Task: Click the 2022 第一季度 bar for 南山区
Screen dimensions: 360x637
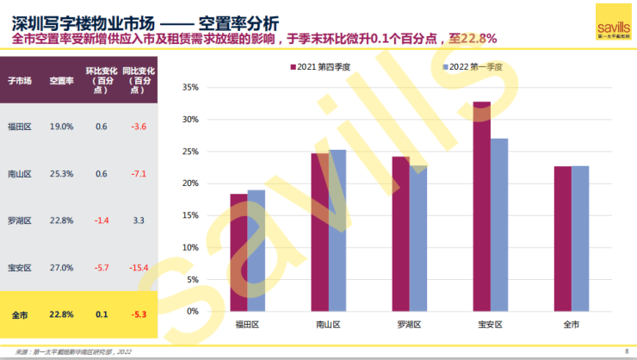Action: (x=337, y=229)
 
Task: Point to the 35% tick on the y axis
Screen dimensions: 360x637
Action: (x=191, y=87)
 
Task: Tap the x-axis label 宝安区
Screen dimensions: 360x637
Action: (x=490, y=325)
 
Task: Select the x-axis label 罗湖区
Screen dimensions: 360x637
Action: (x=409, y=325)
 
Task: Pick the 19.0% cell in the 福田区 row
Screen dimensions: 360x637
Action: (x=61, y=127)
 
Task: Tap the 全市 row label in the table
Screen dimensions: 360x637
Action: (x=20, y=313)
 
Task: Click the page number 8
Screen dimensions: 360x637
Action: (x=626, y=351)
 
